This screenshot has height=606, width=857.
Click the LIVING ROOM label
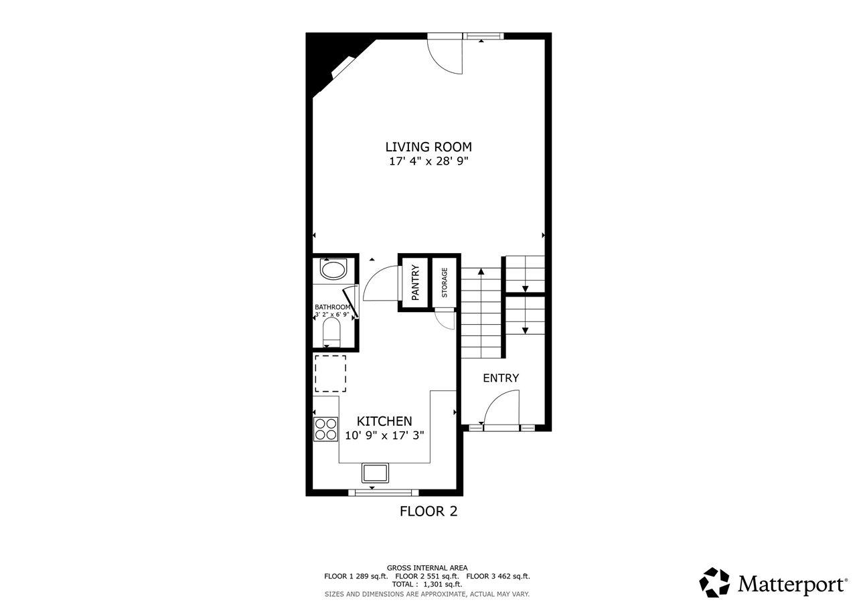pyautogui.click(x=428, y=147)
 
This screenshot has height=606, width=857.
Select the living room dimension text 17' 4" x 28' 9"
pyautogui.click(x=428, y=161)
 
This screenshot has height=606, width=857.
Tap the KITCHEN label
pyautogui.click(x=384, y=421)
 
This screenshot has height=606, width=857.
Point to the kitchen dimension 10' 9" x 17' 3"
pyautogui.click(x=384, y=435)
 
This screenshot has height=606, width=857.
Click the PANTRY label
pyautogui.click(x=414, y=282)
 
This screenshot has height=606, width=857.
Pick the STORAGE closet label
pyautogui.click(x=445, y=283)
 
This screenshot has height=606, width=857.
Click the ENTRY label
pyautogui.click(x=501, y=378)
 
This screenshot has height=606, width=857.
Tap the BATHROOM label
pyautogui.click(x=332, y=307)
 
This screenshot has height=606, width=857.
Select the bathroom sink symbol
pyautogui.click(x=333, y=271)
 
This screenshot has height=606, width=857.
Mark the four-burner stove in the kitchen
pyautogui.click(x=325, y=429)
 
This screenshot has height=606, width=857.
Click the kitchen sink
pyautogui.click(x=375, y=473)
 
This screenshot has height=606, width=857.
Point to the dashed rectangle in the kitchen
pyautogui.click(x=330, y=374)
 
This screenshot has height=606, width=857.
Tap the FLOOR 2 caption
pyautogui.click(x=428, y=512)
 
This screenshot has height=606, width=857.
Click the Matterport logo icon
pyautogui.click(x=714, y=583)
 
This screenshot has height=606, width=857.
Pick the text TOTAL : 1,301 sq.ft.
pyautogui.click(x=427, y=585)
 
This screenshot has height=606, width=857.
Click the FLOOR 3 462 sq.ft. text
pyautogui.click(x=497, y=576)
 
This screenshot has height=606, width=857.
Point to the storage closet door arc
pyautogui.click(x=445, y=320)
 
